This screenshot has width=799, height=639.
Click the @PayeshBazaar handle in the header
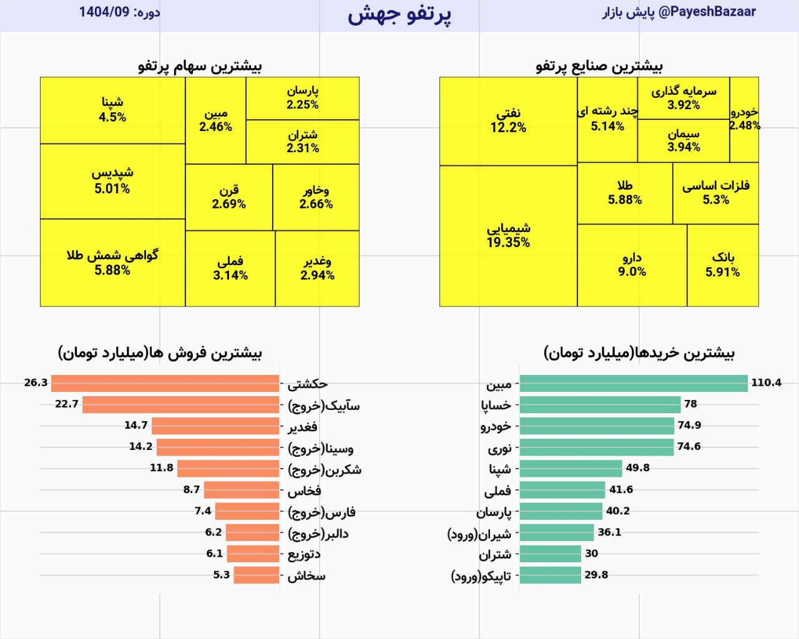point(707,12)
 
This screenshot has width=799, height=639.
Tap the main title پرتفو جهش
point(399,14)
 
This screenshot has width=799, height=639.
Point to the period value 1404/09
point(104,12)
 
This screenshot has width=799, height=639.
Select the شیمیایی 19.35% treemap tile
point(508,236)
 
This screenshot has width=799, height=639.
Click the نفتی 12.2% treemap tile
point(508,121)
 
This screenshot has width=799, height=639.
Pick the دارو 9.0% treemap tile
point(632,265)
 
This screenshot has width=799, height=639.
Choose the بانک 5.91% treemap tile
point(722,265)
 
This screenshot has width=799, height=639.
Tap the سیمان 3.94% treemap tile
point(684,141)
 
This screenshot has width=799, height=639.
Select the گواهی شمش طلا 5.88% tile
point(112,263)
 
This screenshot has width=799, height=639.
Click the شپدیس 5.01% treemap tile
point(112,181)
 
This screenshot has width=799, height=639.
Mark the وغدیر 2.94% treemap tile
point(317,268)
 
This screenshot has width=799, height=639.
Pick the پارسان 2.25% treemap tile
point(303,98)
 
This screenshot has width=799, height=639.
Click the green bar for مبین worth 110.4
point(633,383)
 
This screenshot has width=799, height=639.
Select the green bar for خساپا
point(600,404)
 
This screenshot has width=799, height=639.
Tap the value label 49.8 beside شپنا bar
point(637,468)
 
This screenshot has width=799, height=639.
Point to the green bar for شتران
point(550,554)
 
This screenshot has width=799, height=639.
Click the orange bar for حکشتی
point(165,383)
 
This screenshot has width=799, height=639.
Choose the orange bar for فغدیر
point(215,426)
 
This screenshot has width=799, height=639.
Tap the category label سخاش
point(306,575)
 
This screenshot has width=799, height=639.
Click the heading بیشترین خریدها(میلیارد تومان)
point(639,353)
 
